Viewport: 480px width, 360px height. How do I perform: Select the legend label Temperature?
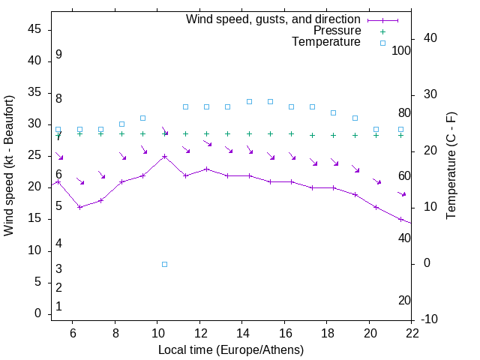(326, 42)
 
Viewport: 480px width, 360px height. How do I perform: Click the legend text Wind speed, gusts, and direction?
(273, 19)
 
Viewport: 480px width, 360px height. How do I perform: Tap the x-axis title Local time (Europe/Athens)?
(231, 350)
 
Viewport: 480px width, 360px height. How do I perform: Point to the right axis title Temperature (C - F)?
(451, 166)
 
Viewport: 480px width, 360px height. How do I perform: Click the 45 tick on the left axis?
(34, 29)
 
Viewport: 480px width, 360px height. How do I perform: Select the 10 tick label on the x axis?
(157, 332)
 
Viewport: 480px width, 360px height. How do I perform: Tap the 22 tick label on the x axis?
(412, 332)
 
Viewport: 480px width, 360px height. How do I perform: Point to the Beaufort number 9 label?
(58, 55)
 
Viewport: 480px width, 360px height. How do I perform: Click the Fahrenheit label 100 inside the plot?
(401, 50)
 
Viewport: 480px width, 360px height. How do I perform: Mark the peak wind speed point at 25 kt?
(164, 156)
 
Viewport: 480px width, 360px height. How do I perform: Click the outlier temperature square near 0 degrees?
(164, 264)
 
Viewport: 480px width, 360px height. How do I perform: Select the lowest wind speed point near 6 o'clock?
(79, 207)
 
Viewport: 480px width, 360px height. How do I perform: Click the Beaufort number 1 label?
(58, 306)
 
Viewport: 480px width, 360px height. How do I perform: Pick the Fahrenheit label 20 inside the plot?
(404, 301)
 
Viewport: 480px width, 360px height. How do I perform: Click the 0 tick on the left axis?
(37, 313)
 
